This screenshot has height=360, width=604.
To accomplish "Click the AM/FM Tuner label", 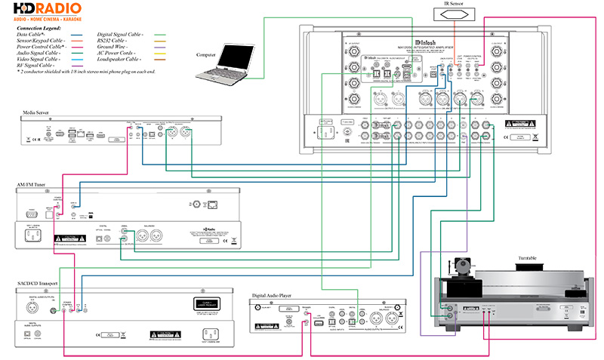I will [x=32, y=184].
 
